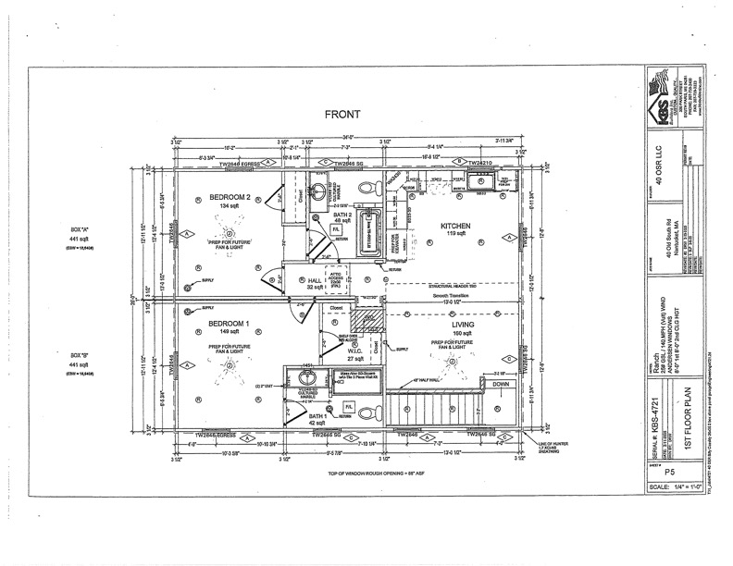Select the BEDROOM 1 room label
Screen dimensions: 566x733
[226, 324]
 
